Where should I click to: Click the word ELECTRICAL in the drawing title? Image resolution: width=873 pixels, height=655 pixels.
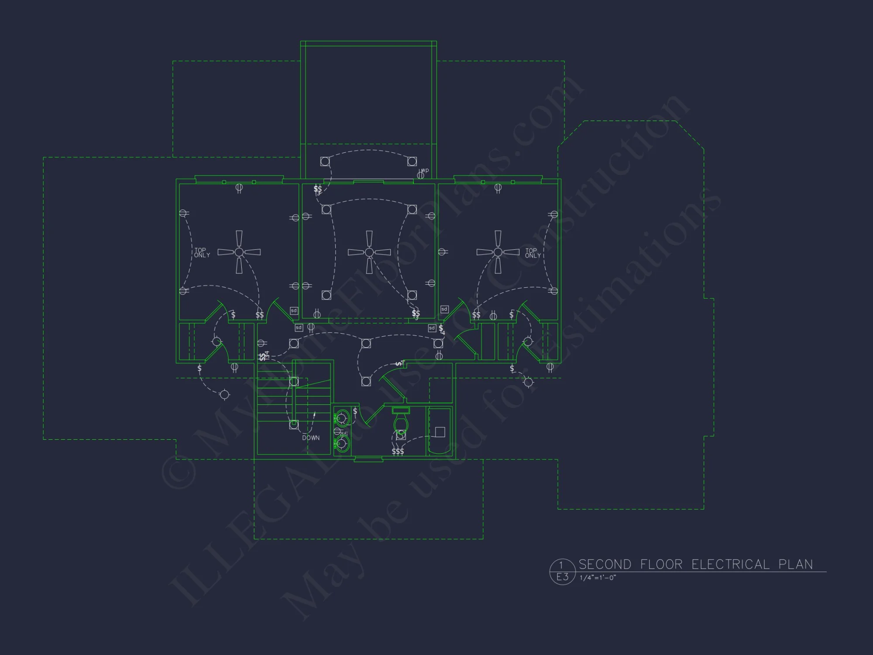pos(730,564)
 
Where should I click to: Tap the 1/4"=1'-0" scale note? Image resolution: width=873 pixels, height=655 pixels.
pos(598,578)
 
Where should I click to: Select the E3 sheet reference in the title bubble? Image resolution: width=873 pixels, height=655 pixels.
pos(562,577)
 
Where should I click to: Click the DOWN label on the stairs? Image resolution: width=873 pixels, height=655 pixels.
pos(311,438)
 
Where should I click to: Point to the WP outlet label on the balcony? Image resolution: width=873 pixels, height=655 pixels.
pos(425,170)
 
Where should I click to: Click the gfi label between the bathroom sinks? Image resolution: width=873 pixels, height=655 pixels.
pos(344,434)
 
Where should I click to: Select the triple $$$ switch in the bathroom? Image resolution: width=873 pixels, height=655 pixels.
pos(398,452)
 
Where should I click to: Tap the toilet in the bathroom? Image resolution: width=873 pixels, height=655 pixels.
pos(401,421)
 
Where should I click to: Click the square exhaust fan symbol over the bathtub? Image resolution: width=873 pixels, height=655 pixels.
pos(440,432)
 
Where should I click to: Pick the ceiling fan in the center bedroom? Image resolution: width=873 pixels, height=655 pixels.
pos(369,252)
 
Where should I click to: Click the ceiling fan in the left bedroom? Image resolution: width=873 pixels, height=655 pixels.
pos(239,252)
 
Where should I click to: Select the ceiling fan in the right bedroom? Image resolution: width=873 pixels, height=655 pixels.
pos(498,252)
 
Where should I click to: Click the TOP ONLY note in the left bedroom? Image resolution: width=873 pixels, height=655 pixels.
pos(202,252)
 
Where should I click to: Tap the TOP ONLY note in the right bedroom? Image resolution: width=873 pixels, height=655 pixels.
pos(533,253)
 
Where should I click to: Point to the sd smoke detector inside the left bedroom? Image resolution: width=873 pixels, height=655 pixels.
pos(294,310)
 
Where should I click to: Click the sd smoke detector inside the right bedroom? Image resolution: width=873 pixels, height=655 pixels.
pos(444,309)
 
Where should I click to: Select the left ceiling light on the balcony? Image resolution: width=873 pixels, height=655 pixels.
pos(325,162)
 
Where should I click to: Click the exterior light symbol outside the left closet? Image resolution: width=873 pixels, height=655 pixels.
pos(224,395)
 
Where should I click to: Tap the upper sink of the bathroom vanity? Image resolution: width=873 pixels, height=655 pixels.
pos(342,418)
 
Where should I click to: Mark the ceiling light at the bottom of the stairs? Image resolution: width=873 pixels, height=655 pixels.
pos(294,424)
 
